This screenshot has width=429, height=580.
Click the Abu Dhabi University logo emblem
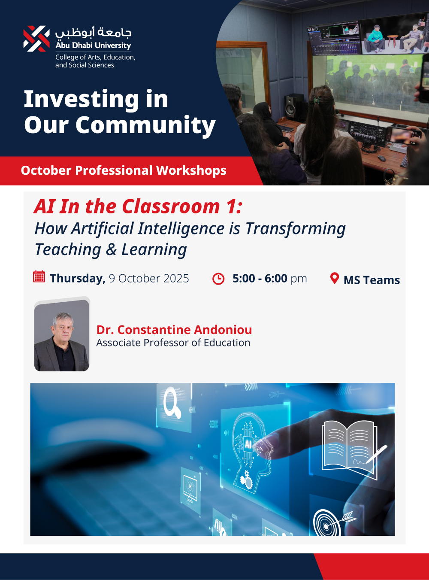36,39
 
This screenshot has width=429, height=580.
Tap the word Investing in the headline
81,99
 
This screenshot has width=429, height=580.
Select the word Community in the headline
145,125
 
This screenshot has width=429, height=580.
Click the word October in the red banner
46,170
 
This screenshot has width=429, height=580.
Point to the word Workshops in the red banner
191,170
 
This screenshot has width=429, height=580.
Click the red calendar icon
39,276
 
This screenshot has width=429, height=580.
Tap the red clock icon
218,279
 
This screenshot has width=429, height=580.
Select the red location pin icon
335,278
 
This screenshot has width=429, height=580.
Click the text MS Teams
372,280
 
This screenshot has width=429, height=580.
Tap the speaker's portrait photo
62,335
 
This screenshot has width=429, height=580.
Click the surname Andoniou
223,330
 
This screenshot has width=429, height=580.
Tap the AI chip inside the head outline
248,443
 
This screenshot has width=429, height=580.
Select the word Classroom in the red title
171,206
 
